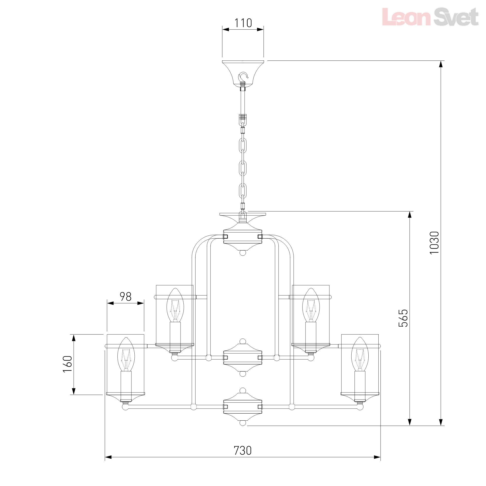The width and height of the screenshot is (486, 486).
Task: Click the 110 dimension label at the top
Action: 243,23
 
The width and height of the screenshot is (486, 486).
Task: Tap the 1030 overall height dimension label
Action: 434,243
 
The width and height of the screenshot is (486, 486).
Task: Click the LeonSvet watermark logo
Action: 430,17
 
